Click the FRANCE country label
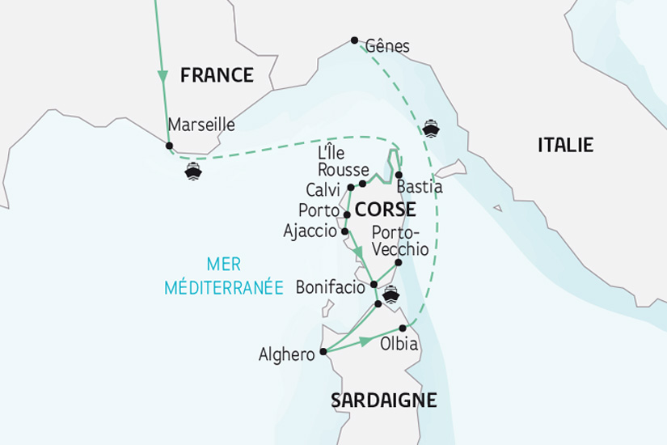point(217,76)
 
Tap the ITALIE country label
point(565,146)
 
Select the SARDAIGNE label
point(383,400)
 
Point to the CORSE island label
point(385,210)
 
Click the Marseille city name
point(201,125)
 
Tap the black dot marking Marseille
point(169,146)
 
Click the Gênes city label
point(387,46)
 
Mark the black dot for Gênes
point(354,40)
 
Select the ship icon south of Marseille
point(192,171)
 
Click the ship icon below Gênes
point(430,127)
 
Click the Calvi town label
point(323,189)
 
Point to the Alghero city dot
point(323,352)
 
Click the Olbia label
point(399,345)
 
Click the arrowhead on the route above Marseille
point(163,78)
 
